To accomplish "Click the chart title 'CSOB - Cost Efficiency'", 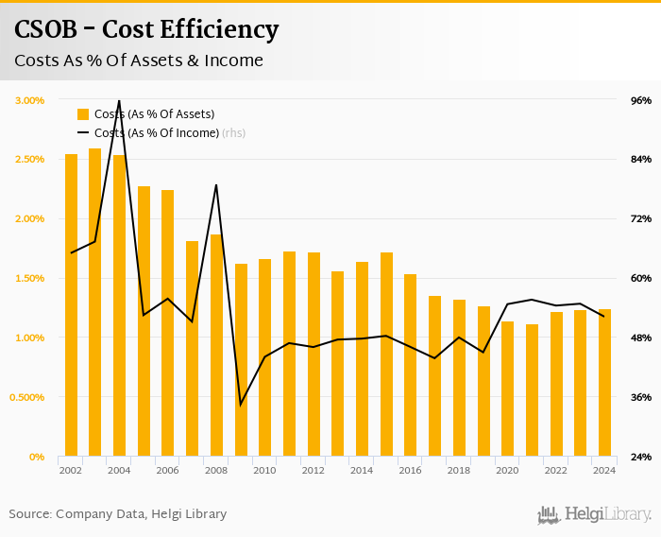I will tap(146, 30).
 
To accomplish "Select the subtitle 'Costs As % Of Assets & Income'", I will tap(138, 61).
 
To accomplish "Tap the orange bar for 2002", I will tap(71, 304).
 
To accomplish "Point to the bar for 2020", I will tap(507, 389).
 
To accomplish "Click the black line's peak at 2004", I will tap(119, 100).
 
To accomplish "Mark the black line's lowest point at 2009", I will tap(241, 405).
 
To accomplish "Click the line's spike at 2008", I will tap(216, 185).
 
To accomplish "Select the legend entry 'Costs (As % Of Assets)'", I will tap(145, 114).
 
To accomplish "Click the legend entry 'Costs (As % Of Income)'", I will tap(156, 133).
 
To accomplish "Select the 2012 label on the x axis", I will tap(313, 470).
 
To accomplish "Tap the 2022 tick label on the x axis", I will tap(555, 470).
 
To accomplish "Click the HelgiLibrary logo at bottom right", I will tap(595, 515).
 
